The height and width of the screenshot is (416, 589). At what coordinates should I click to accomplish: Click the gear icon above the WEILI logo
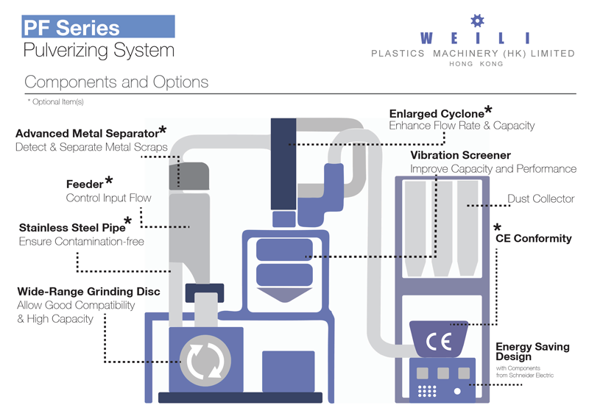[x=477, y=21]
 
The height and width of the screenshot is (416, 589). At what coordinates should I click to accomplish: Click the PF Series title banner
[x=99, y=26]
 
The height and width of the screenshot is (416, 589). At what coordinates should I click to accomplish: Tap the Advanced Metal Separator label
[x=87, y=134]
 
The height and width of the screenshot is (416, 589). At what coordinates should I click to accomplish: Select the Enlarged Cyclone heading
[x=437, y=114]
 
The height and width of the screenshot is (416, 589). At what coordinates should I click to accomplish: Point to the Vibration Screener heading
[x=461, y=155]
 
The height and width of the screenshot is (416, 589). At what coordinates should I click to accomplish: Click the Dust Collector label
[x=541, y=198]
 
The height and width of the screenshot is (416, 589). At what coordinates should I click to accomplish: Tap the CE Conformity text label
[x=533, y=239]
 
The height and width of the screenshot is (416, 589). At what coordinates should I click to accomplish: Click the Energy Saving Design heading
[x=532, y=351]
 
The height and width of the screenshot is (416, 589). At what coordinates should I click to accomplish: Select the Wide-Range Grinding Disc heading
[x=88, y=292]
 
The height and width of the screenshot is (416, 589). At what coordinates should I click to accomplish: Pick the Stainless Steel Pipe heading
[x=72, y=228]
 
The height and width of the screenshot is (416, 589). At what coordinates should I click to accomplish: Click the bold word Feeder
[x=85, y=184]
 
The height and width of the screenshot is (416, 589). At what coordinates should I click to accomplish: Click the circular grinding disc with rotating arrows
[x=205, y=360]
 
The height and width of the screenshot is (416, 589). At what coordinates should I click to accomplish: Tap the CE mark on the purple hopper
[x=438, y=341]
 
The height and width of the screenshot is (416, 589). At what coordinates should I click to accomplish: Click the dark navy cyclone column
[x=283, y=164]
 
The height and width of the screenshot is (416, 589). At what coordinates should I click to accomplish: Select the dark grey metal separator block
[x=189, y=176]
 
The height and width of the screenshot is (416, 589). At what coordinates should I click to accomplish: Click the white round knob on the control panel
[x=457, y=391]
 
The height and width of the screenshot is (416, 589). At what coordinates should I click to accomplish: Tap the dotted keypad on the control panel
[x=427, y=391]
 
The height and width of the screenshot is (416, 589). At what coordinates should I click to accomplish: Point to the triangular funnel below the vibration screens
[x=284, y=295]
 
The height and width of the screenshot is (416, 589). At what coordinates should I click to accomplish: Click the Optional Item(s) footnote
[x=56, y=101]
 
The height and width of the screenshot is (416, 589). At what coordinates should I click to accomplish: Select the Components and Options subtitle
[x=116, y=82]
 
